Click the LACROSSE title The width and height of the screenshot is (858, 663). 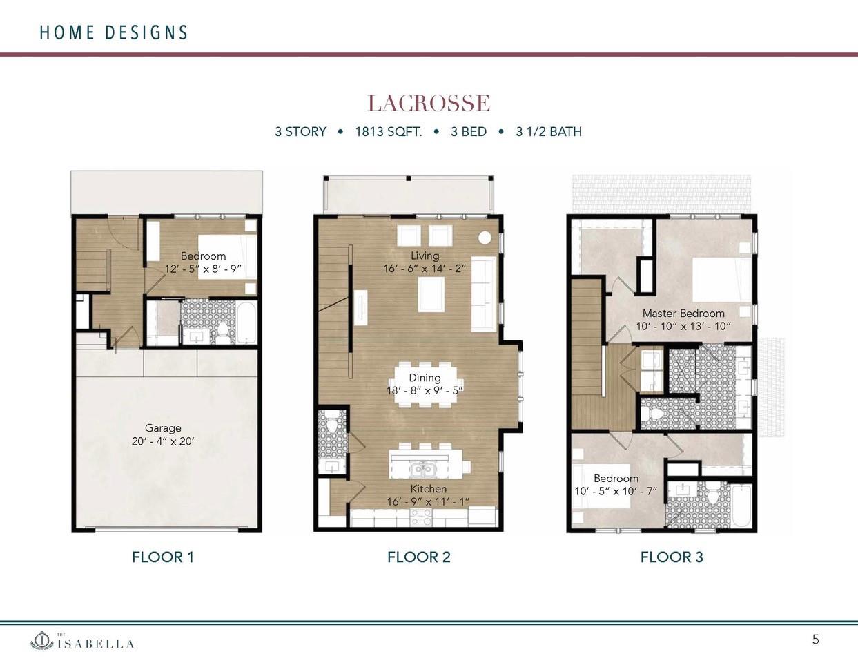coord(428,104)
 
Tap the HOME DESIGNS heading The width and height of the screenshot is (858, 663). coord(114,32)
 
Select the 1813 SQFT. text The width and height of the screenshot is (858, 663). coord(388,131)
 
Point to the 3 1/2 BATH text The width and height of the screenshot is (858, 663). coord(549,131)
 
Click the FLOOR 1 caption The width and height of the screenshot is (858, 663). coord(163,557)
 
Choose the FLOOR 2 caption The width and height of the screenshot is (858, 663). coord(418,557)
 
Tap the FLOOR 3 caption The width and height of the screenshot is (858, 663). coord(672,557)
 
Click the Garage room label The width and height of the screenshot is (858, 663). coord(163,428)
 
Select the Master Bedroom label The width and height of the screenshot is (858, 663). coord(683,314)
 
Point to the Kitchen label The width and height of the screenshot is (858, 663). coord(428,489)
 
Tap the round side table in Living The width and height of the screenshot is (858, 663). coord(485,237)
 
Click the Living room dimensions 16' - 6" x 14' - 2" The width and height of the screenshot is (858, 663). coord(425,269)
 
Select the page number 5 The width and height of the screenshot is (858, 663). coord(815,640)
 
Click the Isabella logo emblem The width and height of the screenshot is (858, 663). coord(42,641)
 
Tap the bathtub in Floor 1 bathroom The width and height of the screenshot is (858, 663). coord(246,323)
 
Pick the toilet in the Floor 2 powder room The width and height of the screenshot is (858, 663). coord(331,426)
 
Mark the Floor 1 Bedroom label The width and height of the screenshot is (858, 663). coord(203,256)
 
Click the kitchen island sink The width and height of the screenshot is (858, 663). coord(421,470)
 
